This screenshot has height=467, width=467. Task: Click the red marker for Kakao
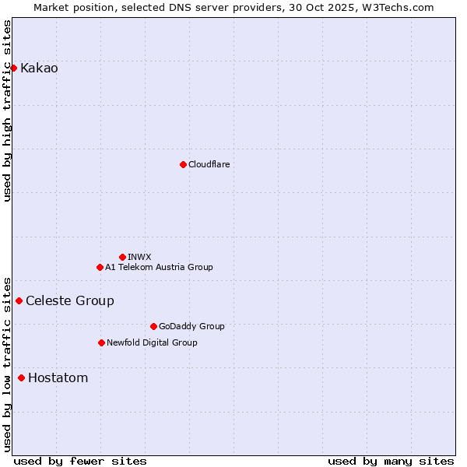(13, 68)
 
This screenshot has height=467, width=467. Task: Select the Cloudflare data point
(183, 164)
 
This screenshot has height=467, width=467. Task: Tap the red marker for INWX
(122, 257)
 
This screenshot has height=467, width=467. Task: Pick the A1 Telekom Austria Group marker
(100, 267)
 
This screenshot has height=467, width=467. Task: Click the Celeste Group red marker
(19, 300)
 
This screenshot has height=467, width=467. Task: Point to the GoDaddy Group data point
(153, 326)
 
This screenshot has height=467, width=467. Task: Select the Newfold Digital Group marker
(101, 342)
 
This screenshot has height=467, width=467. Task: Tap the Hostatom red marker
(21, 378)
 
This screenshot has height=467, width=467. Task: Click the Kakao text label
(39, 68)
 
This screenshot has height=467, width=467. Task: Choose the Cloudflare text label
(209, 164)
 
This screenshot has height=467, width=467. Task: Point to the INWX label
(139, 257)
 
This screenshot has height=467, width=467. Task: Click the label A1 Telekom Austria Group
(159, 267)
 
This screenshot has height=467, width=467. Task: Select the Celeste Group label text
(70, 301)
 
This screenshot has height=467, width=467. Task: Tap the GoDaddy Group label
(191, 326)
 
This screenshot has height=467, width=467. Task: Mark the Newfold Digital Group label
(152, 342)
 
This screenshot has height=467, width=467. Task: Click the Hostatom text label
(58, 378)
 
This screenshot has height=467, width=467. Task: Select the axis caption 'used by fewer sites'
(80, 461)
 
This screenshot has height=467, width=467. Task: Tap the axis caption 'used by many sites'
(391, 461)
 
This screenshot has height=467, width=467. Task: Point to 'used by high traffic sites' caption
(7, 111)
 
